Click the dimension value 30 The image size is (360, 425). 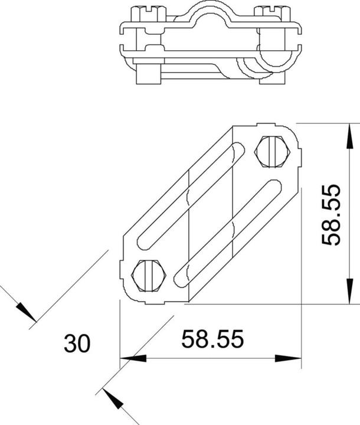(77, 344)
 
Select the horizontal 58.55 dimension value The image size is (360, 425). (212, 339)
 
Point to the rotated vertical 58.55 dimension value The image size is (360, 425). (332, 215)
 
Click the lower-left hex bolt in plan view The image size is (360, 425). (148, 274)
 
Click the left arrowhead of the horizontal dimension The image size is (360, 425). (133, 358)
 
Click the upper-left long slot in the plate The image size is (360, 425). (188, 194)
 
